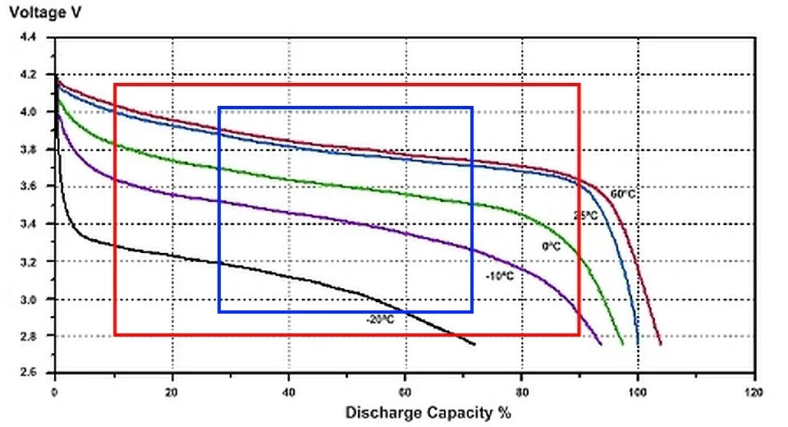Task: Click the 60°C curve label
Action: [x=622, y=195]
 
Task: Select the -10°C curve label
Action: [x=500, y=276]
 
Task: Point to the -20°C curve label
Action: [x=380, y=319]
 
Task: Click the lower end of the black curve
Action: [x=474, y=344]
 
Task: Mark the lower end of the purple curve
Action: [x=602, y=344]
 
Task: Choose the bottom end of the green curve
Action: [x=623, y=344]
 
